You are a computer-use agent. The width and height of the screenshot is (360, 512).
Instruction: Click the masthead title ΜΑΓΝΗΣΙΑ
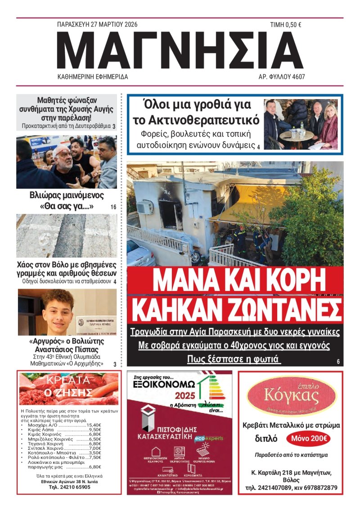(x=180, y=51)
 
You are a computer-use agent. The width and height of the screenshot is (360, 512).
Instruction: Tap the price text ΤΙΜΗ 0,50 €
(x=285, y=25)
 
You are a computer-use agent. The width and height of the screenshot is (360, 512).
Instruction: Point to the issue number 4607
(x=297, y=77)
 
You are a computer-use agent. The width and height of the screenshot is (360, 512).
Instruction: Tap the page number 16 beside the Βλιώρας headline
(x=113, y=207)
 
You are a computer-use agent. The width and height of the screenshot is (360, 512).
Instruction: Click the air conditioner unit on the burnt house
(x=144, y=207)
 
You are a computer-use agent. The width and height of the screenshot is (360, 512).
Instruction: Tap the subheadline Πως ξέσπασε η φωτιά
(x=234, y=359)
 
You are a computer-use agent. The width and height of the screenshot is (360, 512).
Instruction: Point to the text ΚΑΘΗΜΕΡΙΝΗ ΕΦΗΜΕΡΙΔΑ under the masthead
(x=93, y=77)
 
